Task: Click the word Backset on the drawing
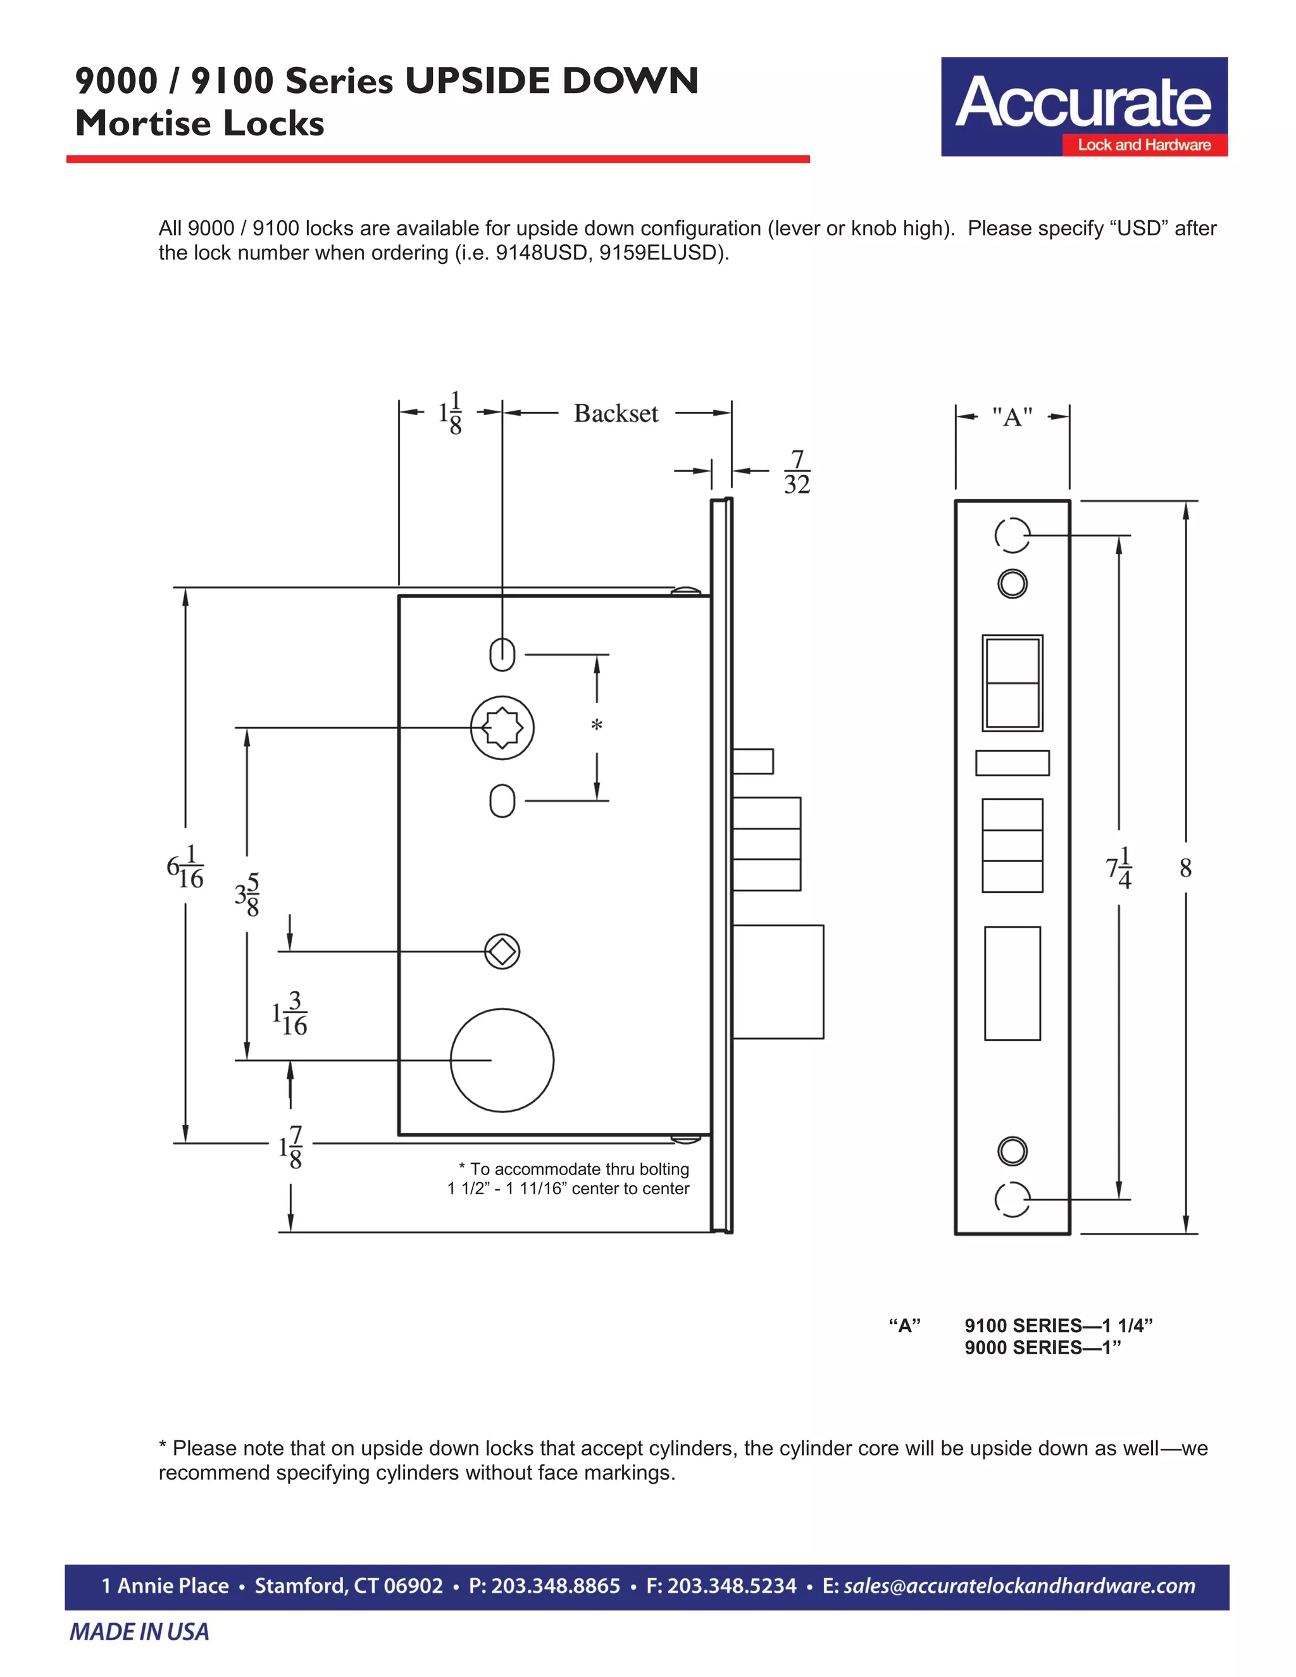tap(616, 414)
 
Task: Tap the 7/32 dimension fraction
tap(797, 472)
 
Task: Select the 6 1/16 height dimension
tap(185, 867)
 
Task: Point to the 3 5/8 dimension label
tap(247, 895)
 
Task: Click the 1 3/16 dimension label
tap(289, 1014)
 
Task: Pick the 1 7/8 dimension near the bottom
tap(291, 1147)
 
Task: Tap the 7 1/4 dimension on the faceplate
tap(1119, 868)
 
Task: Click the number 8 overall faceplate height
tap(1185, 868)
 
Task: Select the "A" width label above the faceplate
tap(1012, 418)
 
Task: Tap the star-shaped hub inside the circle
tap(502, 727)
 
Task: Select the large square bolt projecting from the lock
tap(778, 982)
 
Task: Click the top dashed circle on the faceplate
tap(1012, 535)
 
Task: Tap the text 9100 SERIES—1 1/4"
tap(1058, 1325)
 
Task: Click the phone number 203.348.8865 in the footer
tap(544, 1586)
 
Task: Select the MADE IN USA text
tap(139, 1631)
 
